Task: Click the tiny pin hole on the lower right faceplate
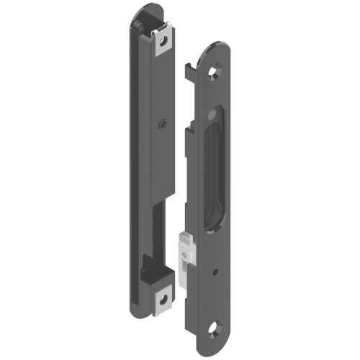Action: [x=217, y=272]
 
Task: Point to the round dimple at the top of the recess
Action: [x=215, y=115]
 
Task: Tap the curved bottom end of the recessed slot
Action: [x=210, y=229]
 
